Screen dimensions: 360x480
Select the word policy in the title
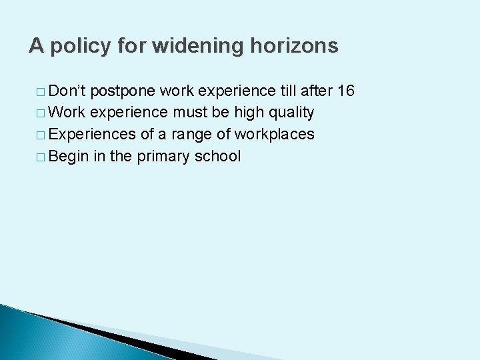pyautogui.click(x=82, y=47)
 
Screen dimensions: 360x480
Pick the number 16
pyautogui.click(x=346, y=91)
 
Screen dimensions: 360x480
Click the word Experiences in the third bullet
pyautogui.click(x=93, y=135)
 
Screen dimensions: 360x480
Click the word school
pyautogui.click(x=218, y=156)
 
